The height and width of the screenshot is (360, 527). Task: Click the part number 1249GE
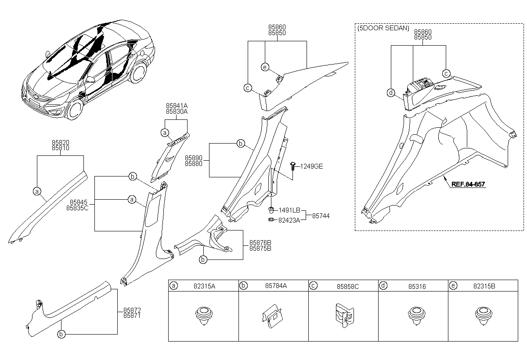(x=312, y=166)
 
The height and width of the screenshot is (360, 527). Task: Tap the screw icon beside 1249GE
(x=293, y=166)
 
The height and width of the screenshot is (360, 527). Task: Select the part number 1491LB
(x=289, y=210)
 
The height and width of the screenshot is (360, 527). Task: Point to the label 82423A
(x=289, y=220)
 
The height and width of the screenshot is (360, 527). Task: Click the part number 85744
(x=321, y=216)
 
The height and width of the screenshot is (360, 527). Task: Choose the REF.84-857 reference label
(x=468, y=184)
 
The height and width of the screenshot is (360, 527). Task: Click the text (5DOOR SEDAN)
(x=383, y=28)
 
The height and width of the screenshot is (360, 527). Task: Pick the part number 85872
(x=132, y=310)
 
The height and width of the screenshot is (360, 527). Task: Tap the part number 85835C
(x=77, y=208)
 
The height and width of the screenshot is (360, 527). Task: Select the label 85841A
(x=177, y=106)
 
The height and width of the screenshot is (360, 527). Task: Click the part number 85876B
(x=260, y=243)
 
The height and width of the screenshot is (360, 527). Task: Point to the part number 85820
(x=61, y=143)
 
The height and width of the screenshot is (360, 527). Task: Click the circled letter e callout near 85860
(x=265, y=67)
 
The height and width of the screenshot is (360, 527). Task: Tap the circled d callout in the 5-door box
(x=391, y=93)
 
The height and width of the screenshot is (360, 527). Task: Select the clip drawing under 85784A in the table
(x=272, y=316)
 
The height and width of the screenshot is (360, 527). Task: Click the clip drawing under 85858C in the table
(x=345, y=316)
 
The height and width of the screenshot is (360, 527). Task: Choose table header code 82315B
(x=484, y=286)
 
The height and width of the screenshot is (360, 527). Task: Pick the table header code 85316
(x=417, y=286)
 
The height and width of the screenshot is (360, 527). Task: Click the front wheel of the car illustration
(x=76, y=109)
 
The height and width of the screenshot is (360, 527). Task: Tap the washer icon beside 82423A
(x=271, y=220)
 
